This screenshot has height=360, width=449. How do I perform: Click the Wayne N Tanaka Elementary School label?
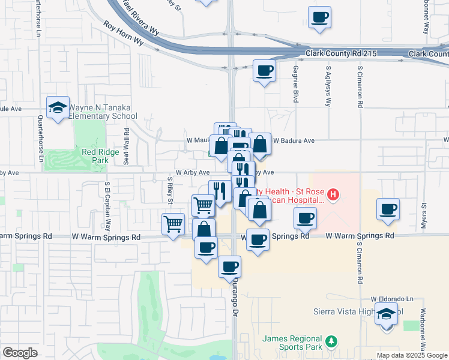pos(103,112)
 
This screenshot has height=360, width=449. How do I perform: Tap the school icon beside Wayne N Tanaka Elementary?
pos(58,108)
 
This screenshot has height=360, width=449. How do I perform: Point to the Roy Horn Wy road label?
pos(124,34)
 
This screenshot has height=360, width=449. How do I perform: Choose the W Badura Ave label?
pos(294,141)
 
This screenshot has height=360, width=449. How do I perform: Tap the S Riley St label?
pos(170,190)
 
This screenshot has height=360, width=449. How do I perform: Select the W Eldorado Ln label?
pos(393,299)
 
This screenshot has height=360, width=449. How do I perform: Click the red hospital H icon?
pos(333,194)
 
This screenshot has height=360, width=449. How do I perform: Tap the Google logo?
pos(20,353)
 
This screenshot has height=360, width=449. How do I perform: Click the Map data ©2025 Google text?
pos(411,355)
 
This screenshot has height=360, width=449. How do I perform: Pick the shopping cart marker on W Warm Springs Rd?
pos(173,224)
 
